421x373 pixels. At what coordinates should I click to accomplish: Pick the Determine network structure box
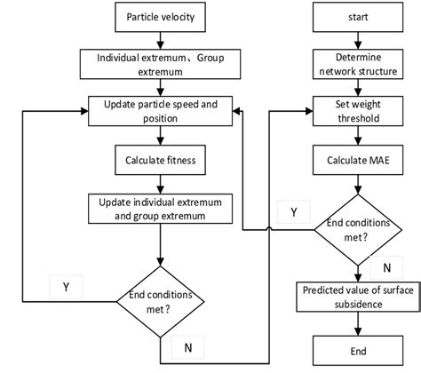click(x=359, y=67)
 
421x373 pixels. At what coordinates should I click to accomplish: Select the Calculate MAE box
click(x=359, y=161)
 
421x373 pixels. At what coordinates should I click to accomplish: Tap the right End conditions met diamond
click(x=359, y=228)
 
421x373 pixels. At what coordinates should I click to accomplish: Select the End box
click(x=359, y=349)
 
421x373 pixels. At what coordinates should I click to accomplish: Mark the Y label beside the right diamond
click(x=293, y=212)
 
